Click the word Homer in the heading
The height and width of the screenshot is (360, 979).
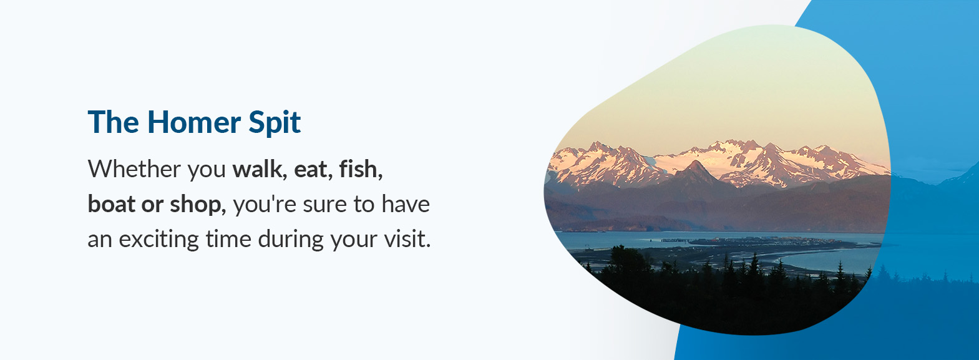click(193, 122)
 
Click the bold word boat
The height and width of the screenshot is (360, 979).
click(112, 205)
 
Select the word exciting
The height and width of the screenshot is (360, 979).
click(158, 240)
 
